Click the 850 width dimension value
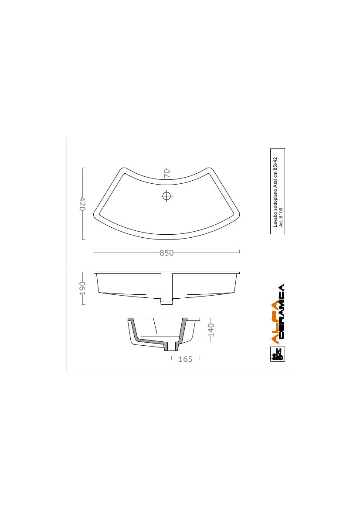[x=166, y=253]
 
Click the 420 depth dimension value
[x=82, y=203]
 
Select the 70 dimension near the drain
[x=166, y=173]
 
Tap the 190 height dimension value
[x=82, y=287]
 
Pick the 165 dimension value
[x=186, y=359]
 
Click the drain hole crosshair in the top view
[x=166, y=196]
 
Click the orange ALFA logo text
[x=275, y=321]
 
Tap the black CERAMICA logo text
[x=281, y=311]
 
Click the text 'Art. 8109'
[x=281, y=216]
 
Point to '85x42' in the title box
[x=275, y=164]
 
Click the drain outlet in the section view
[x=171, y=347]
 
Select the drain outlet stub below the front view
[x=166, y=300]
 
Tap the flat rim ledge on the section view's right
[x=194, y=319]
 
